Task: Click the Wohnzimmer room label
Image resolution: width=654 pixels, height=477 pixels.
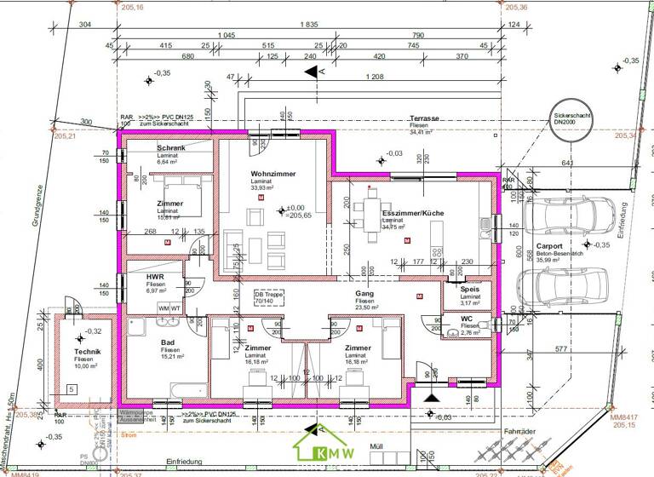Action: click(272, 174)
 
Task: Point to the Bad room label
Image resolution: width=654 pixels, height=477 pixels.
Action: click(168, 342)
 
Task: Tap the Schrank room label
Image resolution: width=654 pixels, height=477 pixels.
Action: click(171, 147)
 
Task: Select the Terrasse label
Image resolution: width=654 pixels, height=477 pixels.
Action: click(423, 118)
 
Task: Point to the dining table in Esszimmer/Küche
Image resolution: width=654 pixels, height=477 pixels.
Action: click(371, 209)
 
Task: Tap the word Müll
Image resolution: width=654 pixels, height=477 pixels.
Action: click(376, 446)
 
